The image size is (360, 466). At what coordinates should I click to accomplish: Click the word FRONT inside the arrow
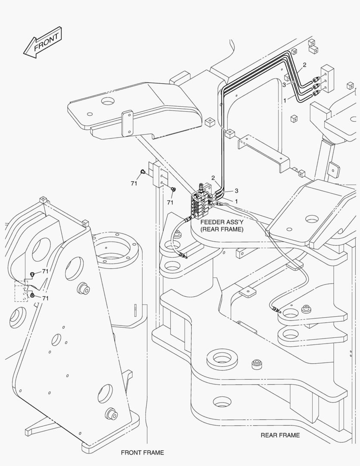coord(46,42)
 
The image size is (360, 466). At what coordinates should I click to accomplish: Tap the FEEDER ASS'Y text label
coord(221,222)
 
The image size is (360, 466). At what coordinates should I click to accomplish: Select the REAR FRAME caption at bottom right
coord(280,435)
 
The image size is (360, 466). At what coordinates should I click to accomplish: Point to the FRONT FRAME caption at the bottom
coord(142,453)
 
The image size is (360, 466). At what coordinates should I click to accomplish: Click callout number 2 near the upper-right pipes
coord(304,65)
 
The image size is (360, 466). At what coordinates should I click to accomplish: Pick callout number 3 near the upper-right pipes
coord(284,85)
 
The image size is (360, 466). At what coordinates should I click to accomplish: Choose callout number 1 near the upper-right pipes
coord(285,100)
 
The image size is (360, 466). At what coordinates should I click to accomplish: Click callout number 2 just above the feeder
coord(213,178)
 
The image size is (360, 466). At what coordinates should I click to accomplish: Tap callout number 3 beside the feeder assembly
coord(236,191)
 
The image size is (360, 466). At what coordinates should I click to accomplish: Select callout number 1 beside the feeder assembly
coord(236,201)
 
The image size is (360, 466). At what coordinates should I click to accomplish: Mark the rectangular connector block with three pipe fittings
coord(328,79)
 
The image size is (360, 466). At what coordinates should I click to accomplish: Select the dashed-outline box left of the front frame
coord(21,291)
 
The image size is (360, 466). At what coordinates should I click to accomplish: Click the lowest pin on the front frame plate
coord(111,415)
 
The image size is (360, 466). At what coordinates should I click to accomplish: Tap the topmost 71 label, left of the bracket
coord(134,183)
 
